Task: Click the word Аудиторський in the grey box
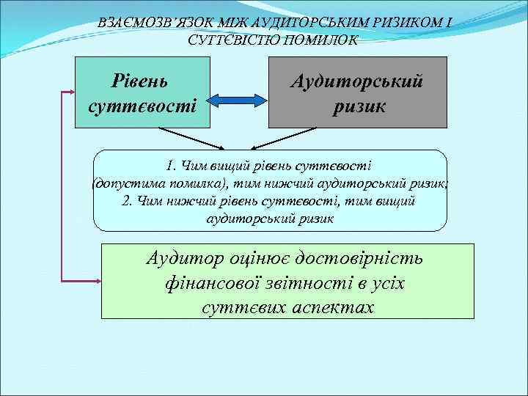pos(357,80)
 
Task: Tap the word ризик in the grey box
pos(357,107)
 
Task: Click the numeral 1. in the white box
pos(173,165)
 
